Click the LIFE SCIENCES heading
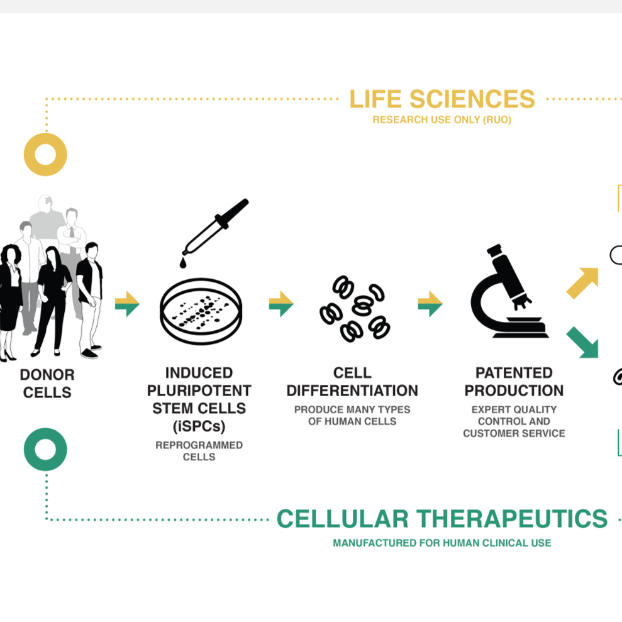point(442,99)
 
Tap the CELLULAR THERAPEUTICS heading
point(442,519)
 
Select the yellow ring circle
point(45,154)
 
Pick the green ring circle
point(45,449)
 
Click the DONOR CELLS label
point(47,384)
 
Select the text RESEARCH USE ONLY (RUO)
point(442,119)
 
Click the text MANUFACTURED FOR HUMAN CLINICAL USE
point(442,543)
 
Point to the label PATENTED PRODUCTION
point(514,382)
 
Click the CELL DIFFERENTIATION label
point(352,382)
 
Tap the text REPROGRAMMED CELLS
point(199,451)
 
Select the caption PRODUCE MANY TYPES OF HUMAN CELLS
point(352,415)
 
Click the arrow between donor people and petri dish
point(127,304)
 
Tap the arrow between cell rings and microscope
point(430,304)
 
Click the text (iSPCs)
point(199,426)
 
